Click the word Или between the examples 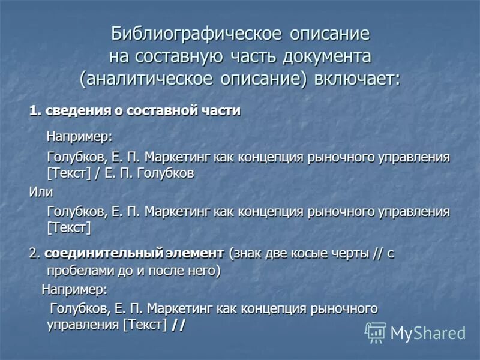(x=41, y=192)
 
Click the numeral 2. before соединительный (x=34, y=253)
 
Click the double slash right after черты (x=377, y=253)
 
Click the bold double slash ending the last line (x=178, y=325)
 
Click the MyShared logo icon (x=376, y=332)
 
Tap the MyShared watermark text (x=428, y=333)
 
